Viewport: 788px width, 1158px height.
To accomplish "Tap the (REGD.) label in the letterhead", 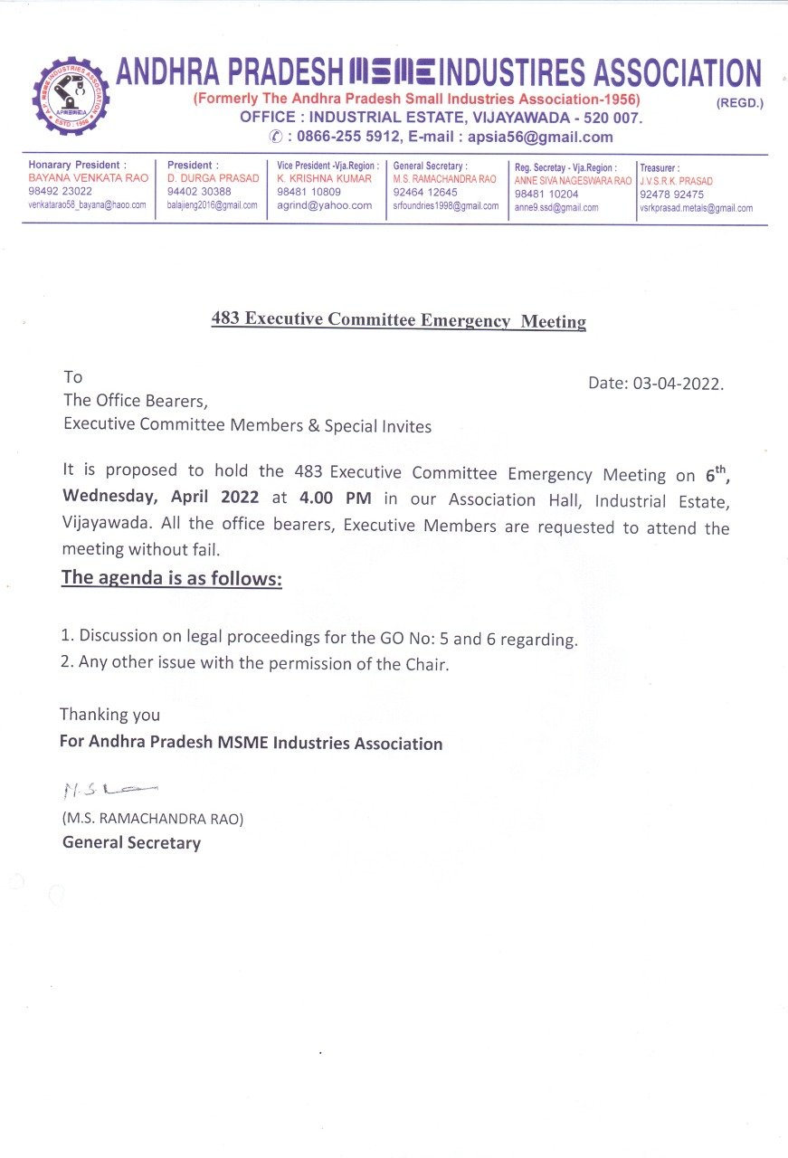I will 740,103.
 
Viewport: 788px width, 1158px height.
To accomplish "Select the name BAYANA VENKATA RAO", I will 88,179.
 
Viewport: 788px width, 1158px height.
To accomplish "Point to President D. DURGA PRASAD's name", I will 213,179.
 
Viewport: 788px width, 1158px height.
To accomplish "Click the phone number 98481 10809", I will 309,192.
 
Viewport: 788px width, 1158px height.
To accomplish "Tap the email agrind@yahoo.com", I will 325,205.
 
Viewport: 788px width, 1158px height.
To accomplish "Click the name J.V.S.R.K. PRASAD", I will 676,181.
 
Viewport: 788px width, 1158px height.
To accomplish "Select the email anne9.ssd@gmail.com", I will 556,207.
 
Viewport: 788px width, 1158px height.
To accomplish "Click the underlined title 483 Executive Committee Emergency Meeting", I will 398,320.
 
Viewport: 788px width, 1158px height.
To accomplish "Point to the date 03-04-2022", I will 656,383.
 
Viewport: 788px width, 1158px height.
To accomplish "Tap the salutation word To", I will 72,376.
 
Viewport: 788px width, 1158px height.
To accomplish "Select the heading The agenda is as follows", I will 171,578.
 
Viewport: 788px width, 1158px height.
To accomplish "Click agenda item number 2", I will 255,663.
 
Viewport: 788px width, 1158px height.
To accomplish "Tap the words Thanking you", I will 109,715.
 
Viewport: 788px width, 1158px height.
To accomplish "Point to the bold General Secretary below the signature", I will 131,843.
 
